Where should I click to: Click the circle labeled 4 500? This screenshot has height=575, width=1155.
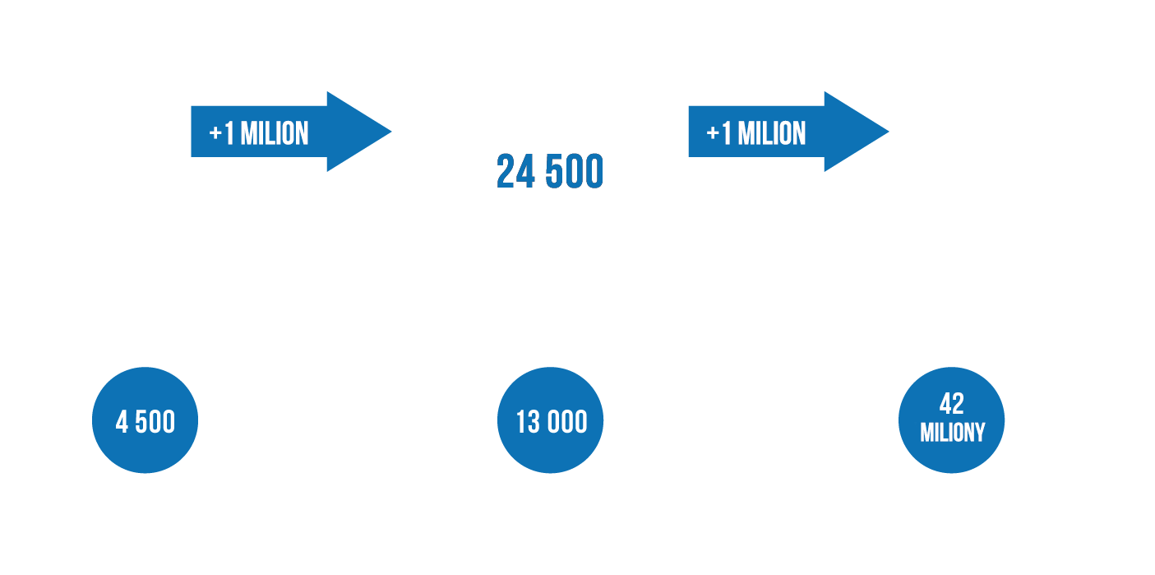145,420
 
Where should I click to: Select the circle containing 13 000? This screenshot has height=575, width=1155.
550,420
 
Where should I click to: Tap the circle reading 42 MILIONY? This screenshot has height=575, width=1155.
951,420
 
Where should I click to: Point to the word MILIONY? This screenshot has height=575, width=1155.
952,433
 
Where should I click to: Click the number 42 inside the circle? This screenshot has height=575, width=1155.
951,404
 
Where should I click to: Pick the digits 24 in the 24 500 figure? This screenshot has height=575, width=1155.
515,171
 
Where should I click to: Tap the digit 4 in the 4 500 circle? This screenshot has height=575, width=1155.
122,422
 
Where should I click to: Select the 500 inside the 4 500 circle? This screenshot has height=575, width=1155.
155,422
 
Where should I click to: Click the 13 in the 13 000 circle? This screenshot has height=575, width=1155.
528,422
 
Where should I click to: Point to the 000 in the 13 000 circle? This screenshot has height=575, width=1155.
567,422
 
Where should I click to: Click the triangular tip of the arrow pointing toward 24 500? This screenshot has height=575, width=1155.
391,132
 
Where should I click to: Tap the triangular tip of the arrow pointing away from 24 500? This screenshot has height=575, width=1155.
889,132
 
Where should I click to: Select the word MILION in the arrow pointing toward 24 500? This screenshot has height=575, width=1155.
275,133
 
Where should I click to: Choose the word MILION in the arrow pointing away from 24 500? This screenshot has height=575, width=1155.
772,133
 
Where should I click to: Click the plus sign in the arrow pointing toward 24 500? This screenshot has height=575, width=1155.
215,134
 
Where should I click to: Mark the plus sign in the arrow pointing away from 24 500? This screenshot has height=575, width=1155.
713,134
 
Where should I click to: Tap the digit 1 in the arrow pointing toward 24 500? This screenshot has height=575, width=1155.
229,133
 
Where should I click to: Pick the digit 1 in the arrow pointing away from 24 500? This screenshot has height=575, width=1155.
727,133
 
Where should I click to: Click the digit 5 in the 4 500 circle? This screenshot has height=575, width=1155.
141,422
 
